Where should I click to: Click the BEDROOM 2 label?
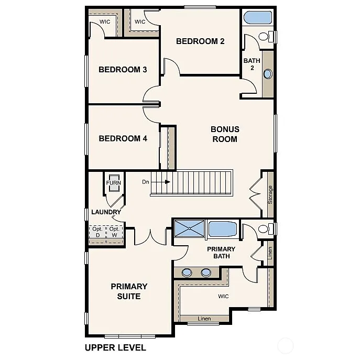(x=200, y=41)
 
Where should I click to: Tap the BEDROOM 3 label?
(x=123, y=70)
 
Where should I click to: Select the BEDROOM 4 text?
(x=123, y=139)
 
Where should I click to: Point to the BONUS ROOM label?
(x=225, y=134)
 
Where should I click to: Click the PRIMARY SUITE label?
(x=129, y=291)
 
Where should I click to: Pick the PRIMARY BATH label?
(x=221, y=253)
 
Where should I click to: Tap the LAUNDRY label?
(x=106, y=212)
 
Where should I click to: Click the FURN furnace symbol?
(x=114, y=183)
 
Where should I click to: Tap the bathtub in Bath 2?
(x=258, y=18)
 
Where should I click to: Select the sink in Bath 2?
(x=268, y=74)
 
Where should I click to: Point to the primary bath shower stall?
(x=190, y=228)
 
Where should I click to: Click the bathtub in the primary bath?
(x=223, y=229)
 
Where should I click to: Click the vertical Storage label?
(x=270, y=194)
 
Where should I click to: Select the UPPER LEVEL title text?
(x=115, y=347)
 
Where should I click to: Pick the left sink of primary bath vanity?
(x=187, y=272)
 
